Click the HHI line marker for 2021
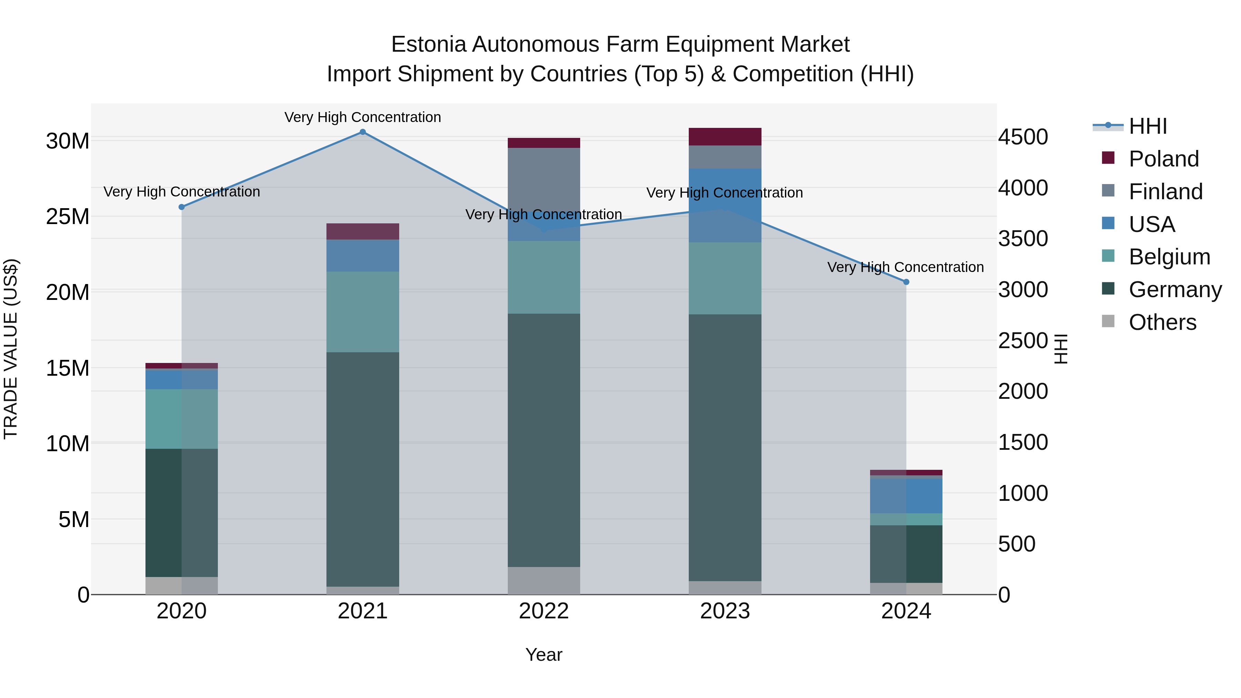(x=363, y=132)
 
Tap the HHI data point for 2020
(x=182, y=207)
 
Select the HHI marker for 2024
(x=906, y=282)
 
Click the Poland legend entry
(x=1163, y=159)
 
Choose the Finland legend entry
(x=1166, y=192)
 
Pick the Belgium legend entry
(x=1169, y=257)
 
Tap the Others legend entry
(x=1162, y=322)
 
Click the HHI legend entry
(x=1148, y=126)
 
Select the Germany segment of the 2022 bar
(x=544, y=440)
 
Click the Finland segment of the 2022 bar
(x=544, y=178)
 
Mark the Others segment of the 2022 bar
(x=544, y=580)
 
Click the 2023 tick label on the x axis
(x=725, y=611)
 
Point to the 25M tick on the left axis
(x=68, y=217)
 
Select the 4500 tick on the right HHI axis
(x=1023, y=137)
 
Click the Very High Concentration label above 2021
(x=363, y=117)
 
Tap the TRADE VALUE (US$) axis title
(x=11, y=349)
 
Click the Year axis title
(x=544, y=655)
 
